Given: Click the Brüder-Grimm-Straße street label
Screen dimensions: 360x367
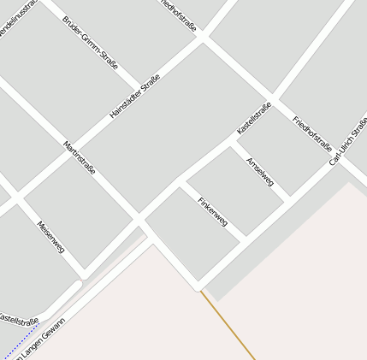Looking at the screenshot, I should coord(90,42).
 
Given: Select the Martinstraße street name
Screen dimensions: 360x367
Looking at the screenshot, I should coord(79,159).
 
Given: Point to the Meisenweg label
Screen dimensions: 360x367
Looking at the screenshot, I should coord(50,237).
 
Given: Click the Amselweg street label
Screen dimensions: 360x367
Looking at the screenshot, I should coord(259,173).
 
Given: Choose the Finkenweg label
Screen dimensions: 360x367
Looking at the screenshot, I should coord(212,211).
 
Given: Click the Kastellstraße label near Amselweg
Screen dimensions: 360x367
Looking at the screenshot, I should coord(254,119).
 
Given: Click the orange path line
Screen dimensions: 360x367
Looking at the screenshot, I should coord(229,325).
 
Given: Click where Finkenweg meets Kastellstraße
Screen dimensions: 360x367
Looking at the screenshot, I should coord(181,182).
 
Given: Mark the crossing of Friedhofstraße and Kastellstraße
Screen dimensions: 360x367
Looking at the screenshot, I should coord(273,97).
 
